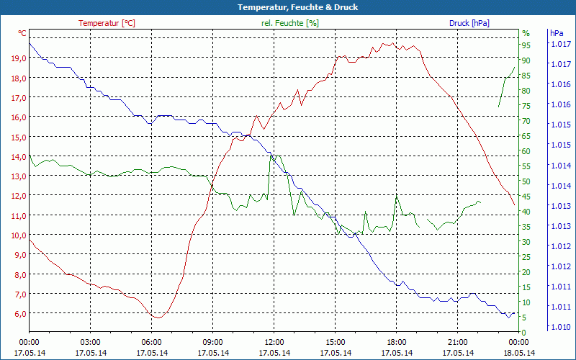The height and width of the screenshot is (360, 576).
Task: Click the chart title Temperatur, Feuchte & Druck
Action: pyautogui.click(x=288, y=7)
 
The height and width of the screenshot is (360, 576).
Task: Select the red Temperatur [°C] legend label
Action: pyautogui.click(x=107, y=23)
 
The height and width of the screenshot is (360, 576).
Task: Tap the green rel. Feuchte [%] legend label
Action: pyautogui.click(x=290, y=23)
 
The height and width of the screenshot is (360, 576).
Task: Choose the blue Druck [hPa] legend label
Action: pyautogui.click(x=469, y=23)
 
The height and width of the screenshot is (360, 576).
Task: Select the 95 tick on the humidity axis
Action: pyautogui.click(x=526, y=45)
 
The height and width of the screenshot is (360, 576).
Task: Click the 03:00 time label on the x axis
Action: pyautogui.click(x=90, y=342)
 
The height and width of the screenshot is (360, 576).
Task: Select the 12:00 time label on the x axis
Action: pyautogui.click(x=274, y=342)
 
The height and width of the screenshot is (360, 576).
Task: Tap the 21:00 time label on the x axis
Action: pyautogui.click(x=457, y=342)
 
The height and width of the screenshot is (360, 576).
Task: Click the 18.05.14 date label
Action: pyautogui.click(x=518, y=353)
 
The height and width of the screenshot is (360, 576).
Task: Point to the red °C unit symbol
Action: pyautogui.click(x=22, y=33)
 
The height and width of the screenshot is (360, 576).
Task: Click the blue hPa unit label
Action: pyautogui.click(x=556, y=33)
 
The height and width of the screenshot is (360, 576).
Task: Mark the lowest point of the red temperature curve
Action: pyautogui.click(x=157, y=318)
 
